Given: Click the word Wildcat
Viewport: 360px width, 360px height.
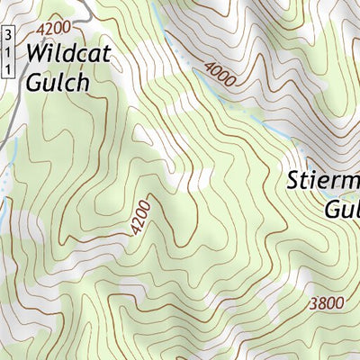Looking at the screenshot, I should [x=68, y=53].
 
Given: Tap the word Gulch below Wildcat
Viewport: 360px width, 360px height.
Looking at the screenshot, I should [x=58, y=82].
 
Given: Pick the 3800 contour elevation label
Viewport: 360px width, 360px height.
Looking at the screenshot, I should [x=325, y=302].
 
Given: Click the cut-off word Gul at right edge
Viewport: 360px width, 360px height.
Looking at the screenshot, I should [x=342, y=209].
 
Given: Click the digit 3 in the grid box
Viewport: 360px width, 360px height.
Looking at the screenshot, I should [x=8, y=35].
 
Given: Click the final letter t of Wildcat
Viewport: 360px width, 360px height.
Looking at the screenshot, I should [x=106, y=53].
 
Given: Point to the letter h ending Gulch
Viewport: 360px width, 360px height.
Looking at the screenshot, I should [x=84, y=82].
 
